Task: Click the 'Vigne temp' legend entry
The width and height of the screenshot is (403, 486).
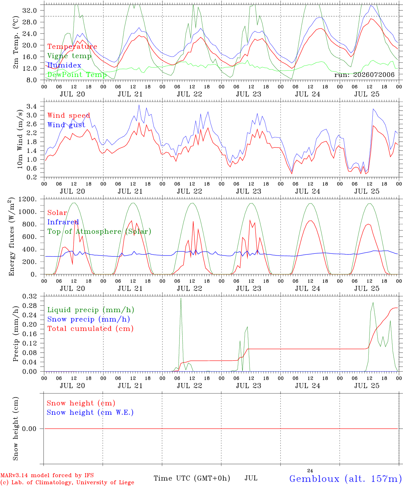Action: pos(69,56)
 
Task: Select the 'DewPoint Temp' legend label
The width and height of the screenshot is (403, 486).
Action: pos(77,75)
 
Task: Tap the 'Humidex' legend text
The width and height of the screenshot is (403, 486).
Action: pos(64,65)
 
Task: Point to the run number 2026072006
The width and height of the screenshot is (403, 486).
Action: pos(374,75)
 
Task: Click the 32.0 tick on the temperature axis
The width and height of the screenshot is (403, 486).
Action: pos(29,10)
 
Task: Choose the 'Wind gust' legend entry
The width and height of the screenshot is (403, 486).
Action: pos(66,125)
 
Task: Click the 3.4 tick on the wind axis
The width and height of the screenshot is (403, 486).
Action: pos(31,107)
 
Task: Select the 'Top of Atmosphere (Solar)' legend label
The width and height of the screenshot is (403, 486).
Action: pos(99,232)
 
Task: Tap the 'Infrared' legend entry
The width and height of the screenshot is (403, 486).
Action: pos(63,222)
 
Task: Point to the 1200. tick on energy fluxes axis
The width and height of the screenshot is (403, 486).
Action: pos(27,199)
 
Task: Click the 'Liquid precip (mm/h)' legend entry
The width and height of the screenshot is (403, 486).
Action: pos(91,310)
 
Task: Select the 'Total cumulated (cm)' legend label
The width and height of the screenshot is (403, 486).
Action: pos(90,328)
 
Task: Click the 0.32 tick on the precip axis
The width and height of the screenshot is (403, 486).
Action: pos(29,296)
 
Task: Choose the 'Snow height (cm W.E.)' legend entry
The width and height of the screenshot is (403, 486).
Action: pos(90,412)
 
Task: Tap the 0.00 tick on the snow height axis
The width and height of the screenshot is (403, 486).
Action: pos(29,429)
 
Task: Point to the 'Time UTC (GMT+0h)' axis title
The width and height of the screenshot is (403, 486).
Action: pos(192,478)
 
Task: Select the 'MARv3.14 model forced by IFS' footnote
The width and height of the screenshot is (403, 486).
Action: pos(47,475)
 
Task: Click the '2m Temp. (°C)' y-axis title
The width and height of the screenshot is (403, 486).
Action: pos(16,43)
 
